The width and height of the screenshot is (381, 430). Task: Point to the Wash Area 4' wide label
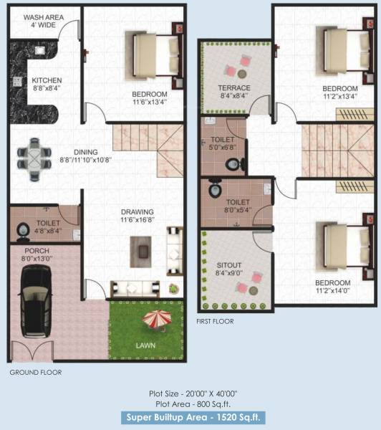click(x=42, y=20)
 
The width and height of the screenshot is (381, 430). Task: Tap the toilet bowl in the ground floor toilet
click(x=22, y=230)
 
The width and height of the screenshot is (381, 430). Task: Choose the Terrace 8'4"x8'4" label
click(x=234, y=92)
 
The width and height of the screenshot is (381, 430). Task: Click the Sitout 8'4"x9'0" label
click(x=229, y=269)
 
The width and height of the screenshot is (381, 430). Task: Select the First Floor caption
click(x=215, y=322)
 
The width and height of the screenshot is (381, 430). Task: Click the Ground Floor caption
click(x=36, y=372)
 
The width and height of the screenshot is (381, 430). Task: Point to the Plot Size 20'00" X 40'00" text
click(x=190, y=392)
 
